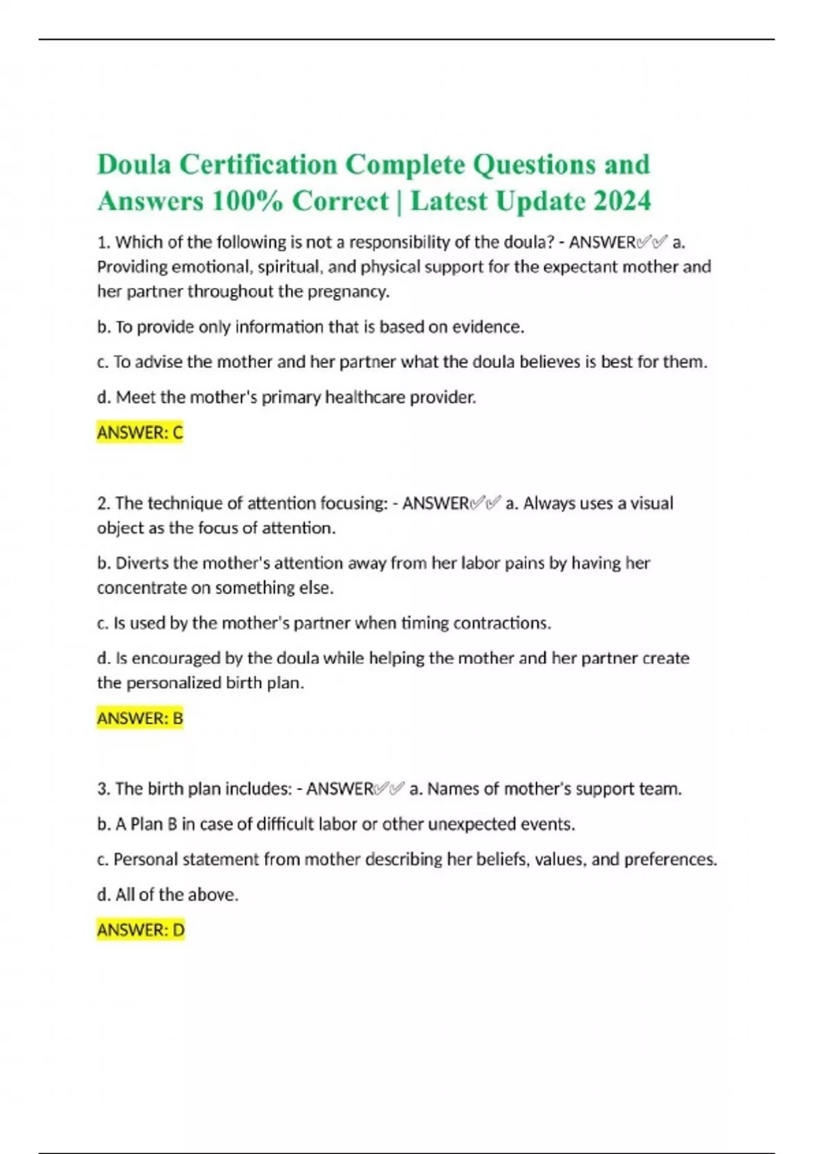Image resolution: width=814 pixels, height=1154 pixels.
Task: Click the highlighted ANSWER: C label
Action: pos(140,432)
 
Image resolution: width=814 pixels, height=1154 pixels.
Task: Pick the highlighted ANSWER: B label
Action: pos(140,718)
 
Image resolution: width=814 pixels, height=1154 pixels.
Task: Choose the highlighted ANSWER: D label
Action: pos(140,930)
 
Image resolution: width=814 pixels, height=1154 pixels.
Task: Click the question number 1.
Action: pos(103,242)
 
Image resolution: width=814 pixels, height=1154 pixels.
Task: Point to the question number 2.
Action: pos(103,504)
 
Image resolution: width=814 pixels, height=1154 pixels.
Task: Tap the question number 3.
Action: pos(103,789)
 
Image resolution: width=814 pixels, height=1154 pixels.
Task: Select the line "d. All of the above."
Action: pos(168,895)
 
